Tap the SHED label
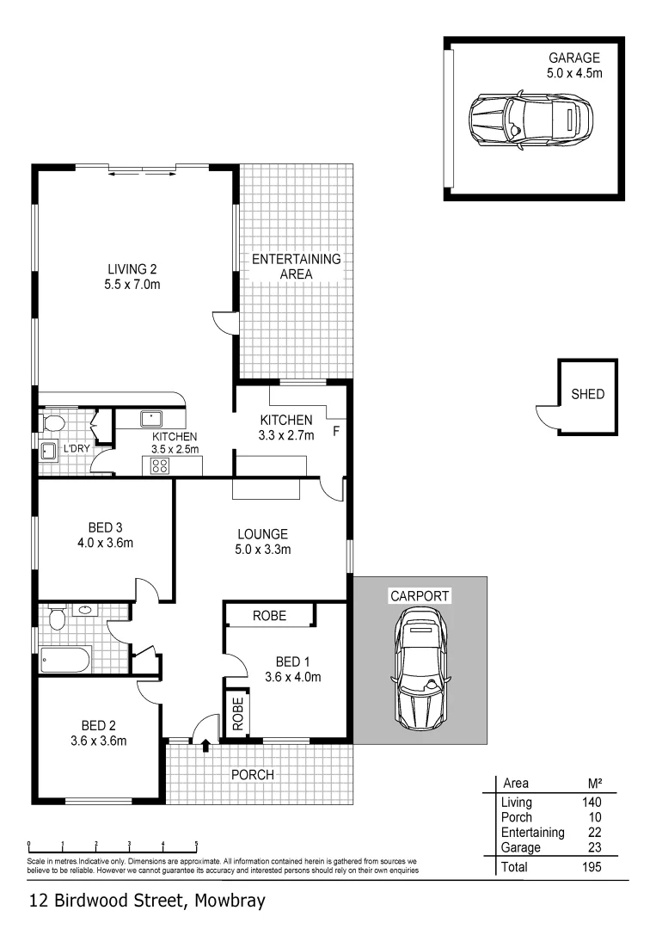(588, 395)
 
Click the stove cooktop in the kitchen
(160, 466)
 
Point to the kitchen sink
(153, 419)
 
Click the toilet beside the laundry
(52, 423)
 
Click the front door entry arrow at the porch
(205, 746)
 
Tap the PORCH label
(253, 775)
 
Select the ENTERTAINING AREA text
(296, 266)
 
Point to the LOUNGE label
(262, 533)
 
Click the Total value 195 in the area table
(590, 868)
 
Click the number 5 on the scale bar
(196, 844)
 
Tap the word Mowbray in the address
(228, 901)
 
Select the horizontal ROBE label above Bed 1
(269, 616)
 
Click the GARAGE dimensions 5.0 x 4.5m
(574, 73)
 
